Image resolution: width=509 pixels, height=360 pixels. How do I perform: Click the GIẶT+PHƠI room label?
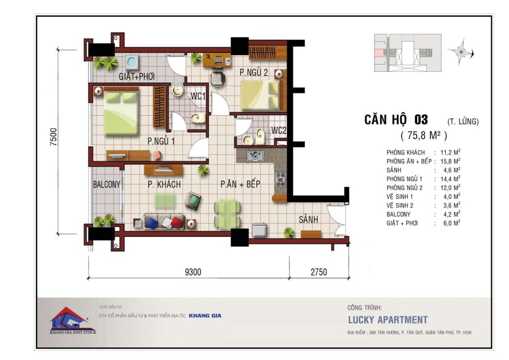tap(136, 77)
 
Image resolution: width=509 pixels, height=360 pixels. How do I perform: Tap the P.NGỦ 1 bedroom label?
tap(161, 141)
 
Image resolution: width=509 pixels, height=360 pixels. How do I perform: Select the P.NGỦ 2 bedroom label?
tap(254, 72)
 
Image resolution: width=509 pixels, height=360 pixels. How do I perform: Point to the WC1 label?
tap(198, 96)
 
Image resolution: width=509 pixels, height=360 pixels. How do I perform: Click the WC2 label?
tap(278, 130)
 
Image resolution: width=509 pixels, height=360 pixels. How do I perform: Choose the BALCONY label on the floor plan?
tap(107, 184)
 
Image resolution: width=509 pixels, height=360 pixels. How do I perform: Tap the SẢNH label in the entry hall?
tap(308, 219)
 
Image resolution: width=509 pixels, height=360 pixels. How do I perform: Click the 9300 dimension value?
tap(193, 272)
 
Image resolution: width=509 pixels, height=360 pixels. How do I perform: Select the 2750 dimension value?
tap(319, 272)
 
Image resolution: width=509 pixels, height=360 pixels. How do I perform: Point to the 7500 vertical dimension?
tap(53, 137)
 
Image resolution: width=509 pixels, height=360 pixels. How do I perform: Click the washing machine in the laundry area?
tap(132, 62)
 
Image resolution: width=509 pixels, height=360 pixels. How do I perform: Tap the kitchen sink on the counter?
tap(255, 156)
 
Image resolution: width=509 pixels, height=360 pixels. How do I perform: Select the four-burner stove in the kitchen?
tap(280, 180)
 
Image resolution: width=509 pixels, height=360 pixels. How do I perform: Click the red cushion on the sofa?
tap(176, 223)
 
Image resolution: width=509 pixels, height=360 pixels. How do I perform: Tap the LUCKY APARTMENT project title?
tap(388, 320)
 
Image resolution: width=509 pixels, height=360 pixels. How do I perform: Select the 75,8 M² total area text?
tap(424, 135)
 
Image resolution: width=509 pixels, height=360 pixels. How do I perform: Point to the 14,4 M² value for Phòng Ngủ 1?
tap(450, 179)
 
